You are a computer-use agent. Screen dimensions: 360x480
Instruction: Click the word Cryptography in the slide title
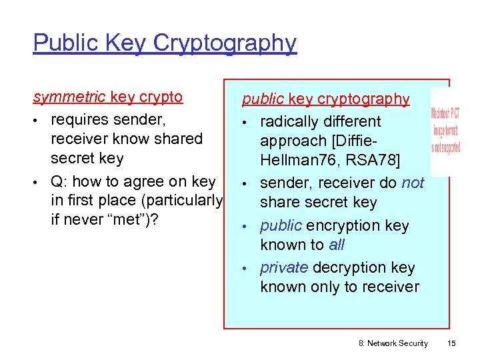pyautogui.click(x=225, y=43)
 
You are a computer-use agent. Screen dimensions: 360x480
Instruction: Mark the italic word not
pyautogui.click(x=413, y=183)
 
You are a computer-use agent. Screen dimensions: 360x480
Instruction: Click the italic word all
pyautogui.click(x=337, y=245)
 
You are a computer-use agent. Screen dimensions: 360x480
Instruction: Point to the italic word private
pyautogui.click(x=283, y=267)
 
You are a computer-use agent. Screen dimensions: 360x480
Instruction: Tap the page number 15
pyautogui.click(x=451, y=343)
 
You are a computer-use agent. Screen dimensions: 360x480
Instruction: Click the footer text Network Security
pyautogui.click(x=398, y=343)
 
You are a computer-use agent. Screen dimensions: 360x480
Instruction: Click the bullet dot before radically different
pyautogui.click(x=246, y=122)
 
